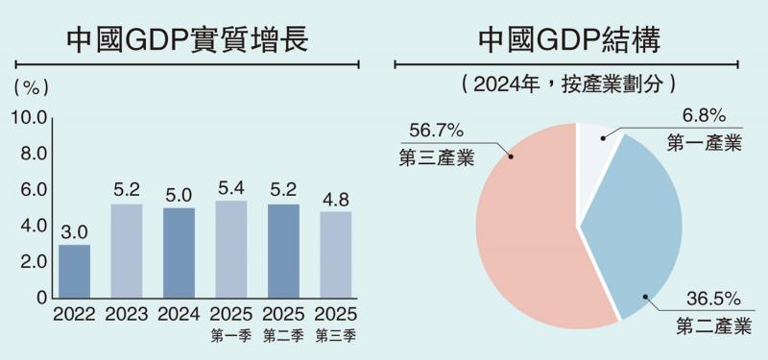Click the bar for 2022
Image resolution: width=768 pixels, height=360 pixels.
tap(74, 271)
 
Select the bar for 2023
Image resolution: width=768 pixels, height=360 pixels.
tap(126, 251)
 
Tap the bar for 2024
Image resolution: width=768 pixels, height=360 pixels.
tap(179, 252)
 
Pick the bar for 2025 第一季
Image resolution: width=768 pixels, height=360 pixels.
tap(230, 249)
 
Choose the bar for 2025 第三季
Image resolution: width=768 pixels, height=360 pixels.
tap(335, 254)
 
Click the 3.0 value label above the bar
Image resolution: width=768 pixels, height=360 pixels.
tap(74, 231)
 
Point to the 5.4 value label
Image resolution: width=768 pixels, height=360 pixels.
tap(230, 187)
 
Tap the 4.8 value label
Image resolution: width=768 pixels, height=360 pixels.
tap(335, 199)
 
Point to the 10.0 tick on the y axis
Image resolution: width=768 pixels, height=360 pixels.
tap(29, 117)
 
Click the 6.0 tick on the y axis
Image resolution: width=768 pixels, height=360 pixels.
tap(33, 190)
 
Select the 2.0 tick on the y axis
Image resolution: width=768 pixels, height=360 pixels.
tap(33, 262)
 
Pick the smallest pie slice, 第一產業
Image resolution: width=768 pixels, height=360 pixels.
tap(598, 154)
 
